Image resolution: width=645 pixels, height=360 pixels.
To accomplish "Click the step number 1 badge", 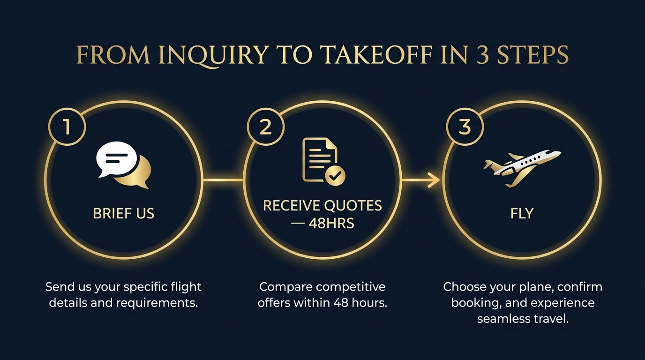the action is (x=67, y=127).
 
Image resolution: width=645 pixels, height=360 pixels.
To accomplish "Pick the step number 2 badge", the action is (x=266, y=127).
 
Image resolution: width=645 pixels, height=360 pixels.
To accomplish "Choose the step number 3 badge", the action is (x=465, y=127).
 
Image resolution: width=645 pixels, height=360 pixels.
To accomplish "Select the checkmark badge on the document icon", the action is (x=335, y=176).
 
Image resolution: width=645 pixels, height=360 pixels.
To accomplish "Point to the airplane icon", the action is (x=522, y=166).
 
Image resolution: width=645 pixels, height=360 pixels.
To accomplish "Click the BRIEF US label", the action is (x=124, y=214).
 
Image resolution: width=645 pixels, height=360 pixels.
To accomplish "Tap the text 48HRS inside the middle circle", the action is (x=331, y=223).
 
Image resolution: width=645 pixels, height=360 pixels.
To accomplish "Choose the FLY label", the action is (x=522, y=214).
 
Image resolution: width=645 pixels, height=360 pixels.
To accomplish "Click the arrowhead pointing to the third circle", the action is (x=435, y=180).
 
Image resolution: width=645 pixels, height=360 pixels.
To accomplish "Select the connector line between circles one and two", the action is (x=224, y=180).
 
